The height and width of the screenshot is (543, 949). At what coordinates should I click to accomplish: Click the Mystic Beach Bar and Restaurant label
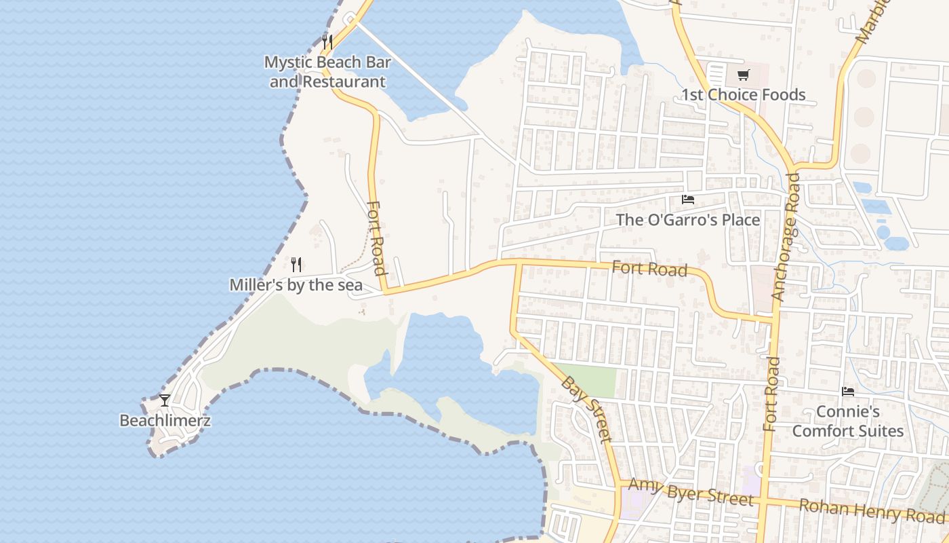tap(327, 72)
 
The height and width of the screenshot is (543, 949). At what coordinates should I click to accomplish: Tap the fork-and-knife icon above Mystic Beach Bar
tap(327, 41)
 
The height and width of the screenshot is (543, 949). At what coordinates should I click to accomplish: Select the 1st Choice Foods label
tap(743, 94)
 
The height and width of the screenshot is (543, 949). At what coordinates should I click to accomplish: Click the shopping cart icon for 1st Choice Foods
tap(743, 74)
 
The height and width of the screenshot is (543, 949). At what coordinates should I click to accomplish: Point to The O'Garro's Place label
tap(688, 219)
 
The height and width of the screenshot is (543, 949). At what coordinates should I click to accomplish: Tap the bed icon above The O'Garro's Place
tap(688, 200)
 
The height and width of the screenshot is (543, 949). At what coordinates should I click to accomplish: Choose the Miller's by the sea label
tap(296, 284)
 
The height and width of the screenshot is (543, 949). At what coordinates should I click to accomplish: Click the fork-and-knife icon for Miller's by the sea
tap(296, 264)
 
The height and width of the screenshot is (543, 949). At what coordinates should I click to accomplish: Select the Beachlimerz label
tap(165, 420)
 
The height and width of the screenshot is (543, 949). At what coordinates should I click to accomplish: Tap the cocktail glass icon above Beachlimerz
tap(165, 400)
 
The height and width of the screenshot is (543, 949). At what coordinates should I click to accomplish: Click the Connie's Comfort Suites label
tap(848, 421)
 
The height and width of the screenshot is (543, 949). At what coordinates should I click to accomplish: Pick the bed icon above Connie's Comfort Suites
tap(847, 392)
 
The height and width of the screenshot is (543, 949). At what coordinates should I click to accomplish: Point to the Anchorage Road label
tap(786, 236)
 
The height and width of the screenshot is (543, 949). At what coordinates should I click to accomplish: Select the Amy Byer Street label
tap(690, 491)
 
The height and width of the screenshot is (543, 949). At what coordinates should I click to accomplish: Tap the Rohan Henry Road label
tap(872, 510)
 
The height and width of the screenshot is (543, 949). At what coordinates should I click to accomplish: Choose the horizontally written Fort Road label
tap(649, 269)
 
